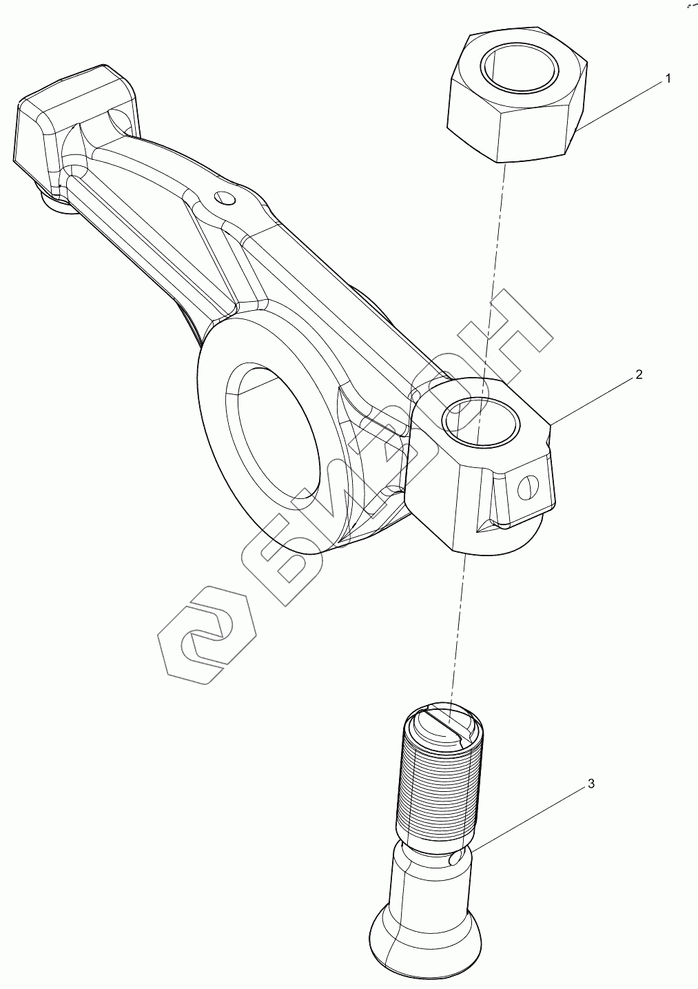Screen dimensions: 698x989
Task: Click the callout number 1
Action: (667, 79)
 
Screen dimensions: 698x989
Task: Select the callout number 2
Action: (639, 374)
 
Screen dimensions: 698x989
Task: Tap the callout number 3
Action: (591, 784)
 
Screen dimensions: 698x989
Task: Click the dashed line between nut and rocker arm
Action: (494, 276)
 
